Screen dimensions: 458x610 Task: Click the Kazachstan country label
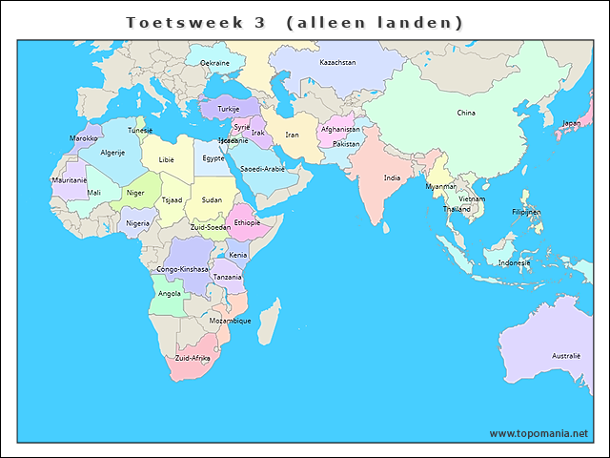coord(337,63)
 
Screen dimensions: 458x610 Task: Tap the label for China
coord(466,113)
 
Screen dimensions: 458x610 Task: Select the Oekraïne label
coord(214,63)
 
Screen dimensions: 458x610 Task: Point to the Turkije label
coord(229,109)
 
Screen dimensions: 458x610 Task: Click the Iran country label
coord(293,135)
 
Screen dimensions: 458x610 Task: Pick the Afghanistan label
coord(340,129)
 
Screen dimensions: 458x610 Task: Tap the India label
coord(392,177)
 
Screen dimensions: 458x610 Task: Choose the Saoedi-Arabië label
coord(262,169)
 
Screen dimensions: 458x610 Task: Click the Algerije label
coord(113,153)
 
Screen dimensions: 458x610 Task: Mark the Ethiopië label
coord(247,222)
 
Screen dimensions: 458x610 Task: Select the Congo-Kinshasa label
coord(182,269)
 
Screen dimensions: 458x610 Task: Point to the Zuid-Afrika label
coord(193,358)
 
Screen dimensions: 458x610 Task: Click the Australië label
coord(566,355)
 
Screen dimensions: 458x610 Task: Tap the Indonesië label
coord(514,262)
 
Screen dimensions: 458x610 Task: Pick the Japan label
coord(571,123)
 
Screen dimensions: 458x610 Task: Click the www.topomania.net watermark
coord(539,433)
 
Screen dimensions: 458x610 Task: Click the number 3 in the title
coord(259,22)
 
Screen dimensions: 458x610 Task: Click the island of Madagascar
coord(269,320)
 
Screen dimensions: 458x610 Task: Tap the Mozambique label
coord(230,321)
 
